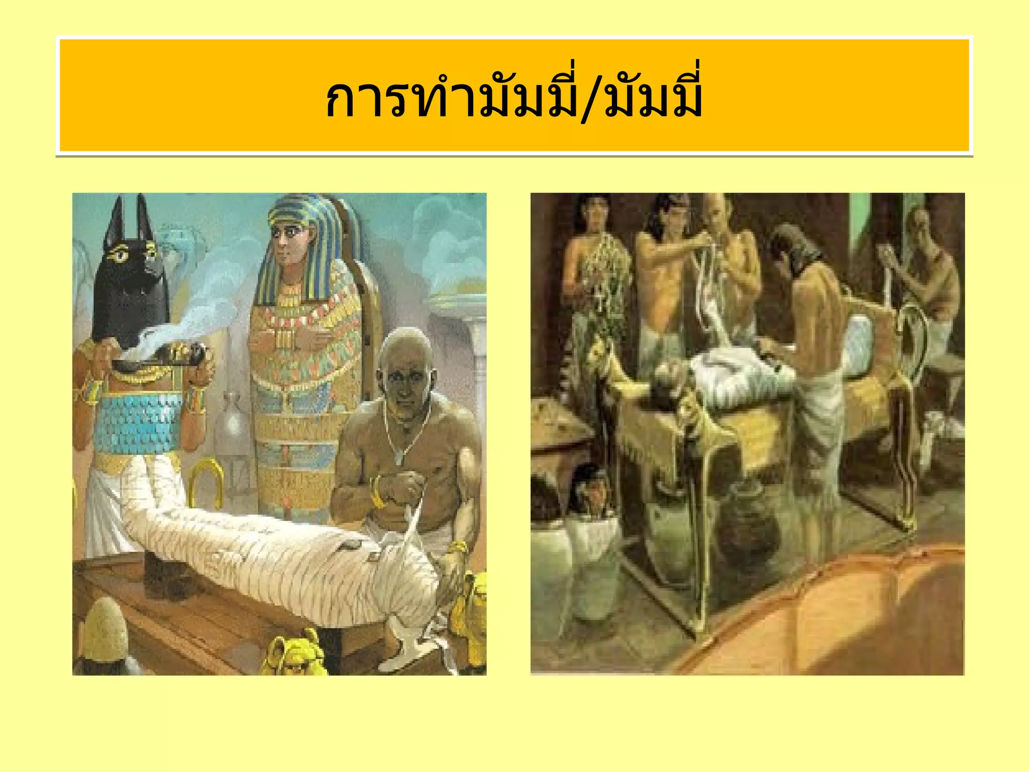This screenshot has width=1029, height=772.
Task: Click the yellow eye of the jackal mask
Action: [x=121, y=255]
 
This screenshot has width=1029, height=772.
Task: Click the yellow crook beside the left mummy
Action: [x=206, y=482]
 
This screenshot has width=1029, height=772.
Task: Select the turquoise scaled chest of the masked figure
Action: [x=141, y=422]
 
